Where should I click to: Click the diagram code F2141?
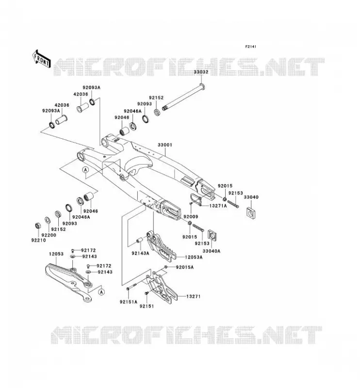tap(250, 47)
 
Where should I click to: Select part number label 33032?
tap(201, 72)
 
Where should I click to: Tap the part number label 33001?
tap(165, 145)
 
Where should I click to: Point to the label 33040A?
tap(211, 251)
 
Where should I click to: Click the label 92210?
tap(38, 240)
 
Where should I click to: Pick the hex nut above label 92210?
tap(38, 226)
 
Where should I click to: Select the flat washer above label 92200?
tap(47, 220)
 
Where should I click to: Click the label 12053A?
tap(194, 257)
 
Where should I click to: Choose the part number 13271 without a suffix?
tap(193, 296)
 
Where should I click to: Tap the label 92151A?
tap(128, 302)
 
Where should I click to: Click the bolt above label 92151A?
tap(131, 288)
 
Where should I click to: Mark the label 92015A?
tap(185, 267)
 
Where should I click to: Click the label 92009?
tap(191, 216)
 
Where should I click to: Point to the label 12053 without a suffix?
tap(56, 254)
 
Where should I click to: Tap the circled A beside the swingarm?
tap(86, 170)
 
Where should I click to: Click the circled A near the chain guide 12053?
tap(101, 292)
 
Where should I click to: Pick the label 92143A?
tap(140, 253)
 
